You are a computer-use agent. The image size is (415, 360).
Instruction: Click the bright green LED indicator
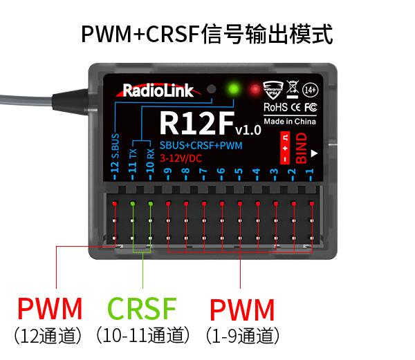pos(233,89)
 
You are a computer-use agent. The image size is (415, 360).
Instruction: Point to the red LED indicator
pos(256,90)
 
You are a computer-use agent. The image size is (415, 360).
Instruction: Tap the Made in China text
pos(290,120)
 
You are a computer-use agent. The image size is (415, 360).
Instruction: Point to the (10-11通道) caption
pos(143,336)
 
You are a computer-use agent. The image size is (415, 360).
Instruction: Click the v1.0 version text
pos(248,129)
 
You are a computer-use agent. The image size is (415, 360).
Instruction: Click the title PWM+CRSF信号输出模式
pos(207,33)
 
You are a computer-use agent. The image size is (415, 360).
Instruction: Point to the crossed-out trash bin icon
pos(292,88)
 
